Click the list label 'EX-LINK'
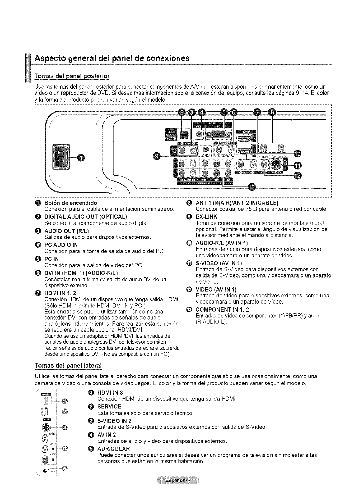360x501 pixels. pos(206,217)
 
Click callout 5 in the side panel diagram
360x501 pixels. pos(65,469)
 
